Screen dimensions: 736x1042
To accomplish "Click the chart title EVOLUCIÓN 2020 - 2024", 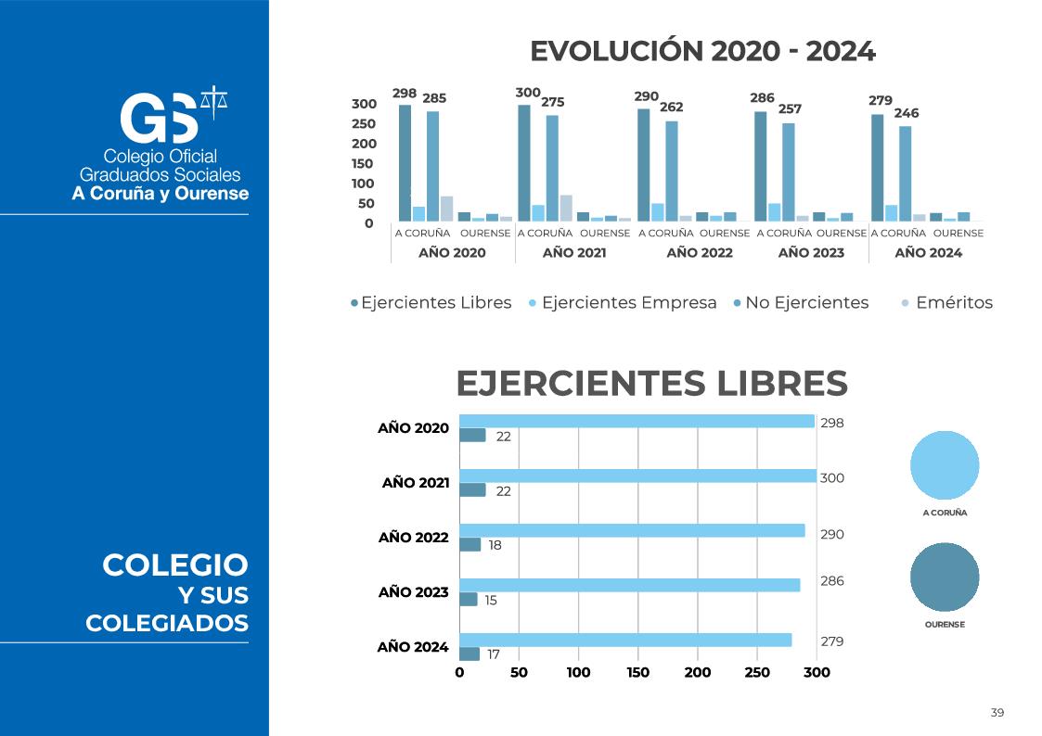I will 702,52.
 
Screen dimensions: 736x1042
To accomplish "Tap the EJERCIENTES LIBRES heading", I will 651,383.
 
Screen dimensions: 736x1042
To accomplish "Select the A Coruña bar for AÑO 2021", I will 638,476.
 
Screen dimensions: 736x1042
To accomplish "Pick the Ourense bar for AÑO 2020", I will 472,435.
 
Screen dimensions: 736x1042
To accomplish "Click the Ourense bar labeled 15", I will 469,599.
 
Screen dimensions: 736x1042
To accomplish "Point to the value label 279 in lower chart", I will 831,641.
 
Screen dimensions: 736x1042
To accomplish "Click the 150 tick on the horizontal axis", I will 637,673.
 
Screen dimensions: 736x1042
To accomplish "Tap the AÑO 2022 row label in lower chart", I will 413,538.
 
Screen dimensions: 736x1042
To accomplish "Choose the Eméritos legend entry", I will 953,303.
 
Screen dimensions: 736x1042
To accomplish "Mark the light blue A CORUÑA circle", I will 945,465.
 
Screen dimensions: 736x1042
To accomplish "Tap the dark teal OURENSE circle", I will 945,577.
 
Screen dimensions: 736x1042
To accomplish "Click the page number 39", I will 997,713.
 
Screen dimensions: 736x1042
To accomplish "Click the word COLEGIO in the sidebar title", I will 175,565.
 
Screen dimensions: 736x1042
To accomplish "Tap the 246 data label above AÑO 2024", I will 906,113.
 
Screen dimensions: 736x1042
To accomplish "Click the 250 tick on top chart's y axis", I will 363,124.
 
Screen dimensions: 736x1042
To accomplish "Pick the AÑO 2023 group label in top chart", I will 811,252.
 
